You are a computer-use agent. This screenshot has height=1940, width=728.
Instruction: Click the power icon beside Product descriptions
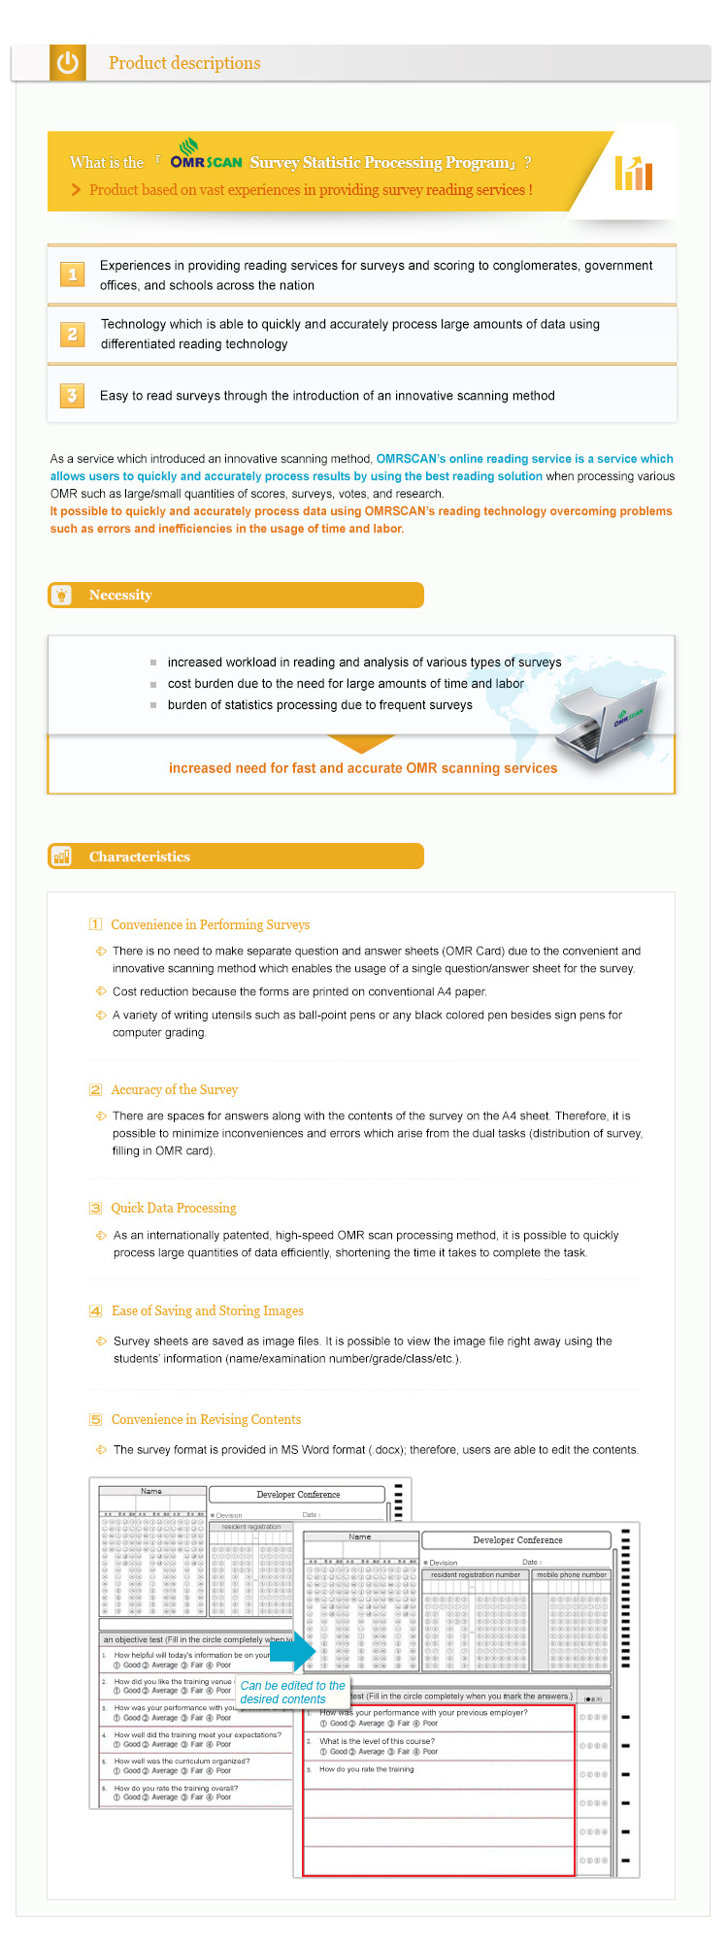pos(67,63)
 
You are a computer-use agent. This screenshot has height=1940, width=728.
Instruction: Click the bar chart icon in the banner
pos(633,173)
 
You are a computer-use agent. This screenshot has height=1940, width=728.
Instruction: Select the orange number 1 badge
pos(72,275)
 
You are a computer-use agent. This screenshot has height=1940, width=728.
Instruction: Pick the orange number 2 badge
pos(72,334)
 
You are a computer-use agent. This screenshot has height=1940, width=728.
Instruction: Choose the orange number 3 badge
pos(72,395)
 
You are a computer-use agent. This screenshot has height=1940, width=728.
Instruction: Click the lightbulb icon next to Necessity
pos(62,595)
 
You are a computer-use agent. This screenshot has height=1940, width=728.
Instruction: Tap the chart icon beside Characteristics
pos(62,857)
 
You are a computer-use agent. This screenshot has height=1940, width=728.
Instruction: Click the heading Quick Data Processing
pos(174,1208)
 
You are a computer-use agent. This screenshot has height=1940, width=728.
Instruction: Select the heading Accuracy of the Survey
pos(175,1089)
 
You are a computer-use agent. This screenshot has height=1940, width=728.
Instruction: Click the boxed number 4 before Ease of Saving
pos(95,1310)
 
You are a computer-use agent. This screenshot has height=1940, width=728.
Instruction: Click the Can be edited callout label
pos(292,1692)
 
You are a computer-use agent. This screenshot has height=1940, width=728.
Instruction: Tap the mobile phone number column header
pos(572,1574)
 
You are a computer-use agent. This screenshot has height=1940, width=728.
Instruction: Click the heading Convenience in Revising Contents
pos(206,1419)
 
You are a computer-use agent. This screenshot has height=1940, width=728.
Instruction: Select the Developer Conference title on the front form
pos(517,1539)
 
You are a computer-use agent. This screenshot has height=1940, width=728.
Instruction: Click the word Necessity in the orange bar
pos(120,595)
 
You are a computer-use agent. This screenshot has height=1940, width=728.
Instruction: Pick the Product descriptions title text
pos(184,63)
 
